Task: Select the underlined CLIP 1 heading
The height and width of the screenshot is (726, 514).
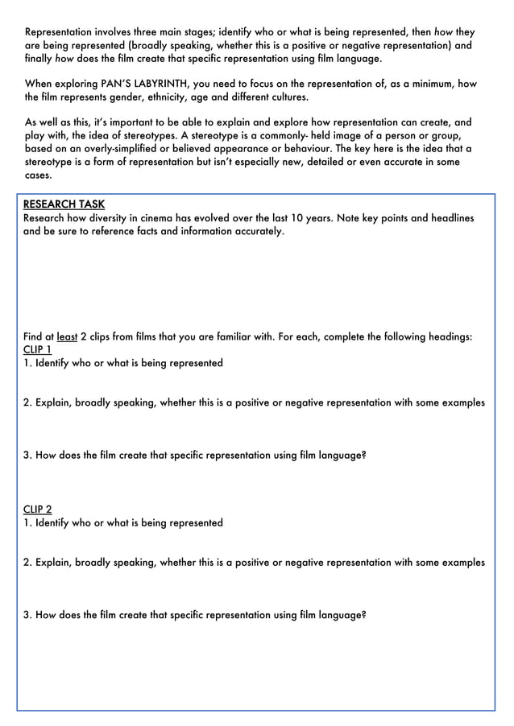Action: [38, 349]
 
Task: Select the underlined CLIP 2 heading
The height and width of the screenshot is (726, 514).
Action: [38, 509]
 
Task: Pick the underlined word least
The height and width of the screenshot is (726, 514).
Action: [67, 336]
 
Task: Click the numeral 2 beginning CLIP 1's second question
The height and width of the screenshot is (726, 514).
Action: [27, 402]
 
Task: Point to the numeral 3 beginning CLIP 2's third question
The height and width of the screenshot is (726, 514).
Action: [27, 615]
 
